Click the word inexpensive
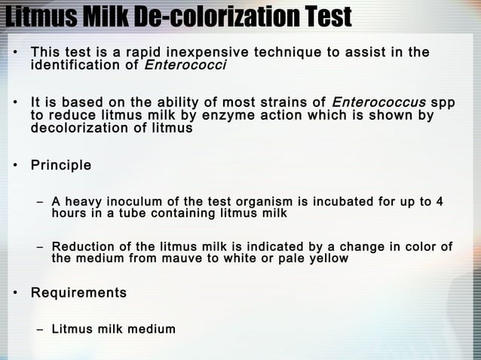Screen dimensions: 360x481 pos(207,53)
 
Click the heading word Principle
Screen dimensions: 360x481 pos(61,165)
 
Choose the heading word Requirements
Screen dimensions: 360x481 pos(78,291)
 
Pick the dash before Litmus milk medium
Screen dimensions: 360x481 pos(40,329)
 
